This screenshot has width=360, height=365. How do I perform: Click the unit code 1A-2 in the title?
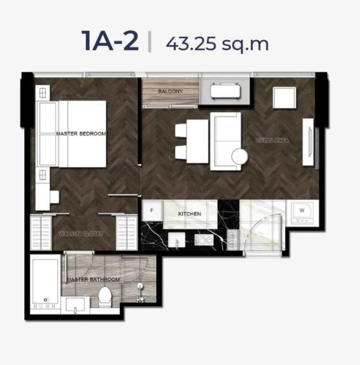click(x=110, y=41)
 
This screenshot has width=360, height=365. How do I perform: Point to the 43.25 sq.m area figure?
click(x=217, y=43)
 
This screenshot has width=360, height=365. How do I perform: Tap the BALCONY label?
click(x=170, y=91)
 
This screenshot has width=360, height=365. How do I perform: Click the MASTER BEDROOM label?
click(x=81, y=134)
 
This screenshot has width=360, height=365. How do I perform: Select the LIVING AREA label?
click(x=273, y=141)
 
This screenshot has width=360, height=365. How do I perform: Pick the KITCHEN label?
click(x=190, y=214)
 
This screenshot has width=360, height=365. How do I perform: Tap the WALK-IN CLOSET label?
click(x=81, y=234)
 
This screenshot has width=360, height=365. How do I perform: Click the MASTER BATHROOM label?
click(x=93, y=279)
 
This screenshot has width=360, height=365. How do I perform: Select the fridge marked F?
click(x=152, y=210)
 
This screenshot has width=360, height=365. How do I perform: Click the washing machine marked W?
click(x=302, y=213)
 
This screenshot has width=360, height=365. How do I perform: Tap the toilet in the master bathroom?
click(x=105, y=296)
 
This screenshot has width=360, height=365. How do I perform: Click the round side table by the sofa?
click(x=240, y=156)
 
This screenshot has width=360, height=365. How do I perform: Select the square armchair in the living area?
click(x=284, y=98)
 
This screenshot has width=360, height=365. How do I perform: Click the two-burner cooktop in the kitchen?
click(x=204, y=240)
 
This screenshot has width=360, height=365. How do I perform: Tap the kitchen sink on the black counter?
click(x=177, y=240)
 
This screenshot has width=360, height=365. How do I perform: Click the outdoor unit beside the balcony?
click(x=226, y=91)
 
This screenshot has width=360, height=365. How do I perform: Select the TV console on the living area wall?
click(x=308, y=142)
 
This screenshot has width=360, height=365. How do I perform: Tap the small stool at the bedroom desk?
click(x=54, y=197)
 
